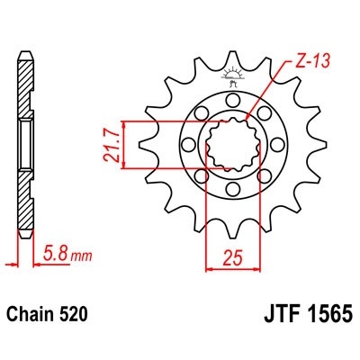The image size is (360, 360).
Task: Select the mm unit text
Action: point(82,255)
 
